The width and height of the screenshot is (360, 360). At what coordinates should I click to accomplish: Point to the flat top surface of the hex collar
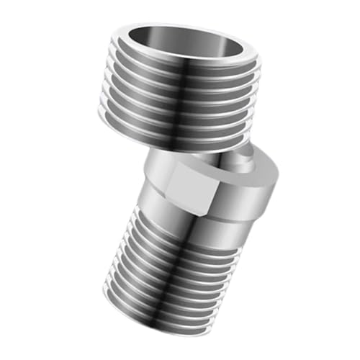click(x=216, y=158)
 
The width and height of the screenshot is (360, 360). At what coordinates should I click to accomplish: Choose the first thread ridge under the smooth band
click(x=187, y=234)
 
